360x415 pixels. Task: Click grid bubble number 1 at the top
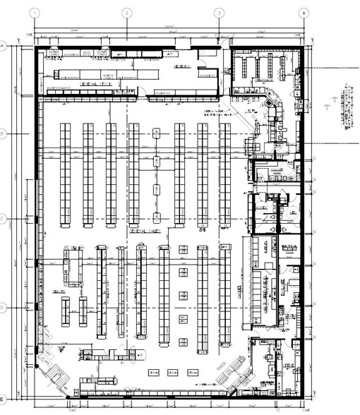click(34, 12)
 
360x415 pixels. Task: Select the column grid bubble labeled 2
click(126, 12)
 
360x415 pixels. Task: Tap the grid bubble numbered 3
click(219, 12)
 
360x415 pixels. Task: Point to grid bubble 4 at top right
click(303, 12)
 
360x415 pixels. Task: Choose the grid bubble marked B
click(4, 133)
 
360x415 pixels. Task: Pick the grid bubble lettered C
click(4, 219)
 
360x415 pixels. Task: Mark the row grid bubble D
click(4, 308)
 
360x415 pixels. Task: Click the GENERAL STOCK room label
click(96, 84)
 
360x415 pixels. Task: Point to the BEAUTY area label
click(59, 291)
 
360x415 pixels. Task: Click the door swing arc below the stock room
click(140, 91)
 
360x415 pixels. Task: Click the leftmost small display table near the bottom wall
click(151, 371)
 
